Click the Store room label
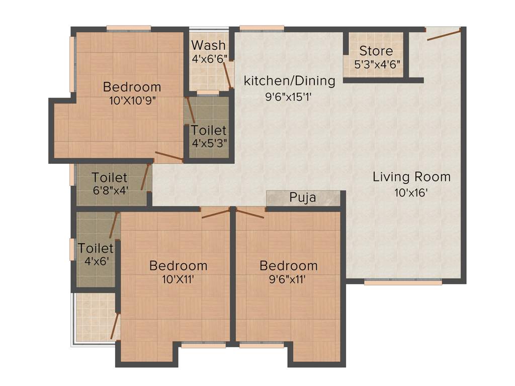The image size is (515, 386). [376, 51]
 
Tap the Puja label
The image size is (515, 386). [303, 198]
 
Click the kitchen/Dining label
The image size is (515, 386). [289, 80]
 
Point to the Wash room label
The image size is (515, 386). [208, 45]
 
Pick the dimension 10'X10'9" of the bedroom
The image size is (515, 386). [132, 100]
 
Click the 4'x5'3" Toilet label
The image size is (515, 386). [209, 131]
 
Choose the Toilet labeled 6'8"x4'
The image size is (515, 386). [110, 178]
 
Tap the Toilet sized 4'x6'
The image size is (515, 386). [96, 248]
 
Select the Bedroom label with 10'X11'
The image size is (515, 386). [178, 265]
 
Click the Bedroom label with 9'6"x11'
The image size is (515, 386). [288, 265]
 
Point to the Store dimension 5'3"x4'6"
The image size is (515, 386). [376, 65]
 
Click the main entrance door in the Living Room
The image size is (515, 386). [444, 35]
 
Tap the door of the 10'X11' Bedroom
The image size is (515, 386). [216, 213]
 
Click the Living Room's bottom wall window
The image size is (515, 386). [403, 283]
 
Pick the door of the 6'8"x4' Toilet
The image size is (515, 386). [146, 176]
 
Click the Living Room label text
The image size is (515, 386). [411, 177]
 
